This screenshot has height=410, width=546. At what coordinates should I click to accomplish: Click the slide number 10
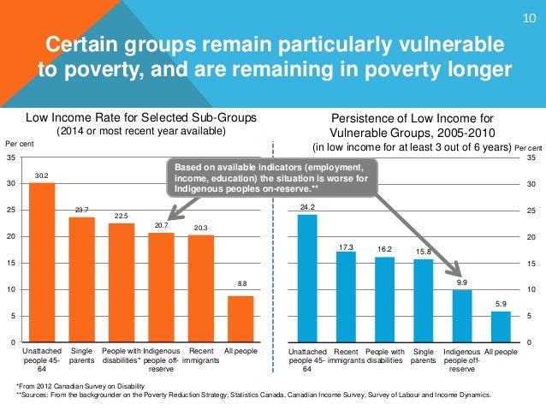coord(528,20)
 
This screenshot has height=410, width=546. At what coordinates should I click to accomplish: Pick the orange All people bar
coord(240,319)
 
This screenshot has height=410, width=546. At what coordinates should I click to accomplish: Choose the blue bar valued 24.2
coord(307,278)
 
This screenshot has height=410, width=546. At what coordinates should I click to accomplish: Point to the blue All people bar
coord(500,327)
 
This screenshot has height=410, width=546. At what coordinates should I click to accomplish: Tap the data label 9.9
coord(462,282)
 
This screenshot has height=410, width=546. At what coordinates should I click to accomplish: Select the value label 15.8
coord(424,251)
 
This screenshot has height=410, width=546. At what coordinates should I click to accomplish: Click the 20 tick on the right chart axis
coord(531,237)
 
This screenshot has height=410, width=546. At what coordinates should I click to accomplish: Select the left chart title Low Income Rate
coord(140,117)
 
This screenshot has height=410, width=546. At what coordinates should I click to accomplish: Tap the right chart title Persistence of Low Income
coord(412,121)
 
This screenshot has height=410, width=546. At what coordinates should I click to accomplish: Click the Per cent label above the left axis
coord(19,144)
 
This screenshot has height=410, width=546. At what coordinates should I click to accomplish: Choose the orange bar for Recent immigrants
coord(200,288)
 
